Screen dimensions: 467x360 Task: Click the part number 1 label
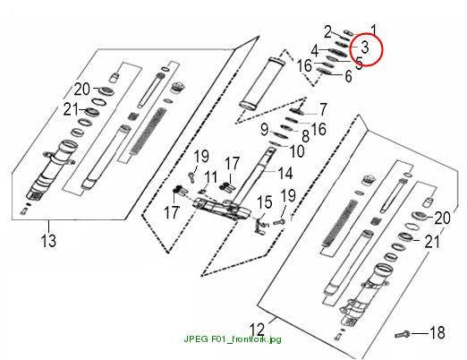coord(374,30)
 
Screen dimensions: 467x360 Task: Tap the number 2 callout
coord(328,32)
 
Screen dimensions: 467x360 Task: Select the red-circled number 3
coord(365,47)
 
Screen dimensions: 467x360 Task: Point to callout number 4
coord(315,51)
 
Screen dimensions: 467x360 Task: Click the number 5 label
coord(359,63)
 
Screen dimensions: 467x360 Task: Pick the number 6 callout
coord(348,76)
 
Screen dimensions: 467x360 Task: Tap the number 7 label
coord(323,109)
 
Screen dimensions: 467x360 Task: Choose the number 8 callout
coord(306,136)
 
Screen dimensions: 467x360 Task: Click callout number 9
coord(265,130)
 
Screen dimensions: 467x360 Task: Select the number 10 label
coord(297,151)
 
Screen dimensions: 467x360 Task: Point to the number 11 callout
coord(211,177)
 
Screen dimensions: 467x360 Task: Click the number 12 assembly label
coord(257,330)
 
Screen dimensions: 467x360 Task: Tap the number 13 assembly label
coord(48,241)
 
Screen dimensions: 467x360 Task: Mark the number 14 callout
coord(284,173)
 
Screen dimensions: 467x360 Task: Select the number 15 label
coord(265,202)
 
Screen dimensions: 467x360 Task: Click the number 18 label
coord(437,332)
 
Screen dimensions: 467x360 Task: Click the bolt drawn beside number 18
coord(403,334)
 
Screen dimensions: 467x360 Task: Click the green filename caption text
coord(233,339)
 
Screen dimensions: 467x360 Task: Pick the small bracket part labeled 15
coord(259,226)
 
